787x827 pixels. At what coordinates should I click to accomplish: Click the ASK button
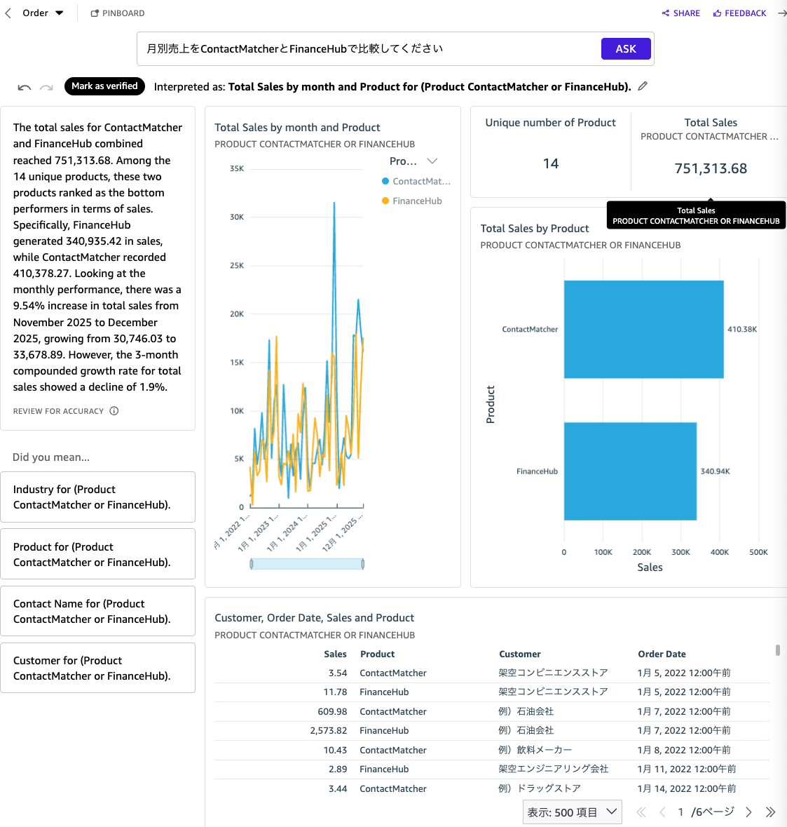pos(626,48)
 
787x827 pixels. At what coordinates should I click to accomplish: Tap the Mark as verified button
pos(104,86)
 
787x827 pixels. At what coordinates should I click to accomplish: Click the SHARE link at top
pos(680,13)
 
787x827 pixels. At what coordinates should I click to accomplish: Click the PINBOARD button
pos(118,13)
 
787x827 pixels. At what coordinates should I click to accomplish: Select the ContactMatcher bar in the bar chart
pos(643,329)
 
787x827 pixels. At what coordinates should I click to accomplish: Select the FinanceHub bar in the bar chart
pos(630,471)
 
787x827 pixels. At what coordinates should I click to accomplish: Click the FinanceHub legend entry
pos(416,201)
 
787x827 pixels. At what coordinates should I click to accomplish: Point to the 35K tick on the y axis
pos(237,169)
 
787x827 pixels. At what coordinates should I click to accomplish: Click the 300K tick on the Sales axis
pos(680,552)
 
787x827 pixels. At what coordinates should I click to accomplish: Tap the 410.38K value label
pos(742,329)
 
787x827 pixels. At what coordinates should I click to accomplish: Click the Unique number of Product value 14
pos(551,163)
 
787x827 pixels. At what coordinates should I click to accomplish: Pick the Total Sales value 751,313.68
pos(711,168)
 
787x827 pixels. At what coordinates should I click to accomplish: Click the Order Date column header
pos(662,654)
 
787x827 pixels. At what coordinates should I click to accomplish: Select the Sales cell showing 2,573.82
pos(328,730)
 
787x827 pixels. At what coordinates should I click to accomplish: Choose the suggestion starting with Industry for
pos(97,497)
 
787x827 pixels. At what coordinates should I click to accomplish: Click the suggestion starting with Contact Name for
pos(97,611)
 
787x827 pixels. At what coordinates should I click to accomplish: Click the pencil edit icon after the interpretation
pos(643,86)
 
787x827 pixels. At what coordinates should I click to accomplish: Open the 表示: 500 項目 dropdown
pos(572,812)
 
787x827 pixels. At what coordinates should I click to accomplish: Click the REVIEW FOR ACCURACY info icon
pos(114,411)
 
